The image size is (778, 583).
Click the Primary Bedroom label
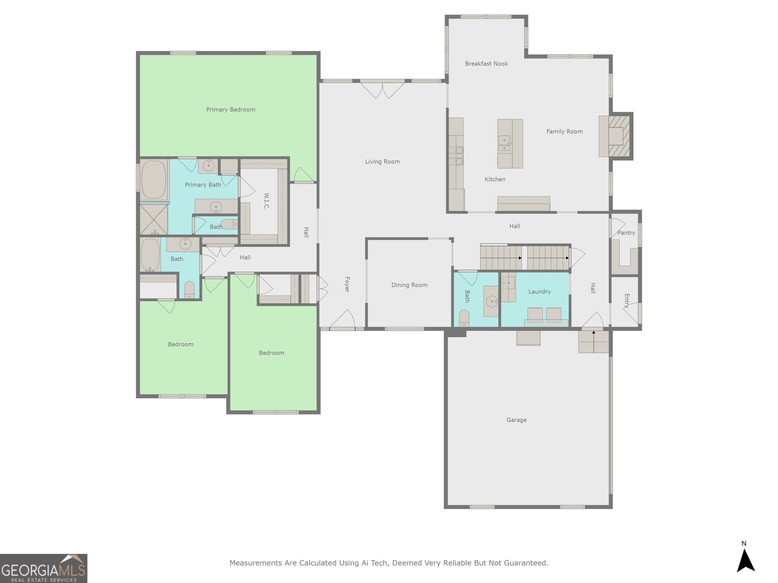[230, 109]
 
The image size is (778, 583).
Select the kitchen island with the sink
[510, 144]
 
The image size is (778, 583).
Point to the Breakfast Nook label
[486, 64]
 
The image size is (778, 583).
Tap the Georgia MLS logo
[43, 568]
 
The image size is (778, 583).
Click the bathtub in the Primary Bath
[154, 180]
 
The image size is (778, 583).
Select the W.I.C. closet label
[266, 201]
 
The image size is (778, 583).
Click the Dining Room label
[409, 285]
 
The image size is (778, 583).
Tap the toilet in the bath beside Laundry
[464, 318]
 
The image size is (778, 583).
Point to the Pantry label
[626, 233]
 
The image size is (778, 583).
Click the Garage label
[516, 420]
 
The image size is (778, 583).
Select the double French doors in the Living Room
[382, 90]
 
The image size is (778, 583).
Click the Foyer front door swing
[343, 319]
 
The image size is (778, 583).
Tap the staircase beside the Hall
[524, 257]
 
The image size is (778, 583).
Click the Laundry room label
[539, 291]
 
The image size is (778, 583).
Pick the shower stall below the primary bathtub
[154, 220]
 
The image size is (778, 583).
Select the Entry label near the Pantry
[626, 301]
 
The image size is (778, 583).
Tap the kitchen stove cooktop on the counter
[457, 155]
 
